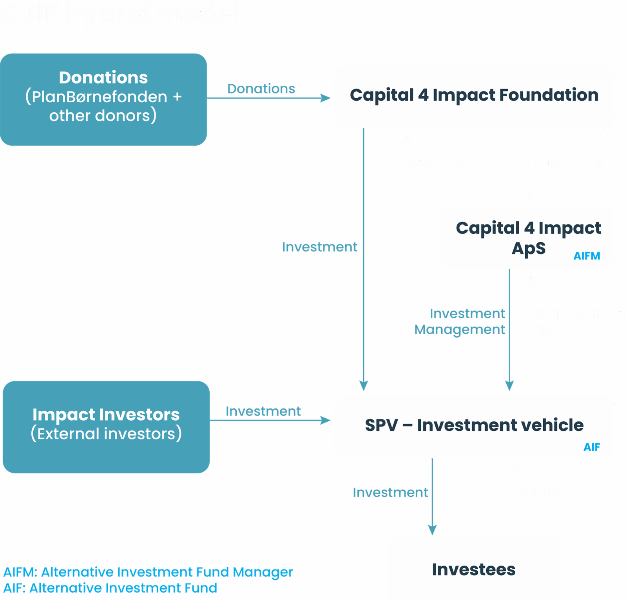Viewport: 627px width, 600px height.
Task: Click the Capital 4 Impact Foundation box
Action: pyautogui.click(x=474, y=96)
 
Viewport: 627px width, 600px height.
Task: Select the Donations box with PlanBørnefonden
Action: pyautogui.click(x=103, y=99)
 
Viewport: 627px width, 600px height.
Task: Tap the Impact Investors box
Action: pyautogui.click(x=106, y=427)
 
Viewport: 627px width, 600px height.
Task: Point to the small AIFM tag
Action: pyautogui.click(x=587, y=256)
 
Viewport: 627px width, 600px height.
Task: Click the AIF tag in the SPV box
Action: pyautogui.click(x=592, y=447)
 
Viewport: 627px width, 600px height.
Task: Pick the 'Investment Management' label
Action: pyautogui.click(x=460, y=322)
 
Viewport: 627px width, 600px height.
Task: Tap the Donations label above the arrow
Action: pyautogui.click(x=261, y=89)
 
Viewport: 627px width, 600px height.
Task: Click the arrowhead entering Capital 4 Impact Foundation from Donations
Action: pyautogui.click(x=326, y=98)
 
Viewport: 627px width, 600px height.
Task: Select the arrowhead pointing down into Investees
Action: pyautogui.click(x=432, y=530)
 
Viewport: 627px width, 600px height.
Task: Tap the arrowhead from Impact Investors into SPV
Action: pyautogui.click(x=326, y=421)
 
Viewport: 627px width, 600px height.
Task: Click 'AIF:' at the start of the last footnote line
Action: pyautogui.click(x=14, y=588)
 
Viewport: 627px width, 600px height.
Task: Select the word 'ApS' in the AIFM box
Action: pyautogui.click(x=528, y=249)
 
